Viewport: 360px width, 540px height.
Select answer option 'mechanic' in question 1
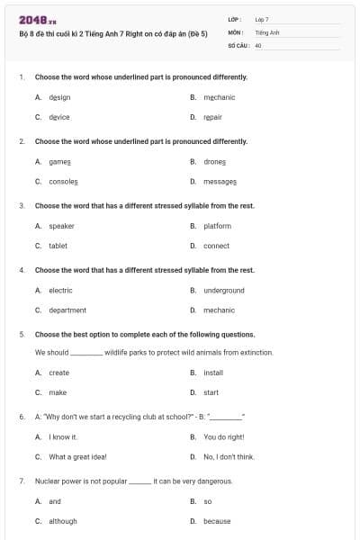coord(219,97)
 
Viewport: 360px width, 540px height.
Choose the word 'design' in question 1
coord(59,97)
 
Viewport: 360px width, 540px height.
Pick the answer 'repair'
coord(212,117)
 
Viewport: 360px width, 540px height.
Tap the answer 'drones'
coord(215,162)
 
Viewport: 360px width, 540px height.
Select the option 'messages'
coord(220,181)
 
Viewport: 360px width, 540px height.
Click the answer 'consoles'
coord(63,181)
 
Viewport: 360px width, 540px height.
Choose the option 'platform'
coord(217,226)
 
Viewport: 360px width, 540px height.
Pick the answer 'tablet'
coord(58,246)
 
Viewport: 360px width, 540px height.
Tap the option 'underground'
coord(223,291)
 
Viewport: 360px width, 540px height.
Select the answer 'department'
coord(67,310)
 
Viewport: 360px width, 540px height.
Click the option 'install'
coord(213,373)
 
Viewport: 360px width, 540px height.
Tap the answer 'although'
coord(62,521)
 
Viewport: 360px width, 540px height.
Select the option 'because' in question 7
coord(217,521)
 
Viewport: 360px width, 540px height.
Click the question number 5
coord(22,334)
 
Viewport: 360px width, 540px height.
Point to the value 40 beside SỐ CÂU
coord(258,44)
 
